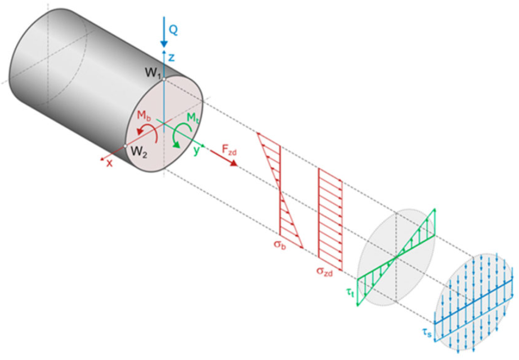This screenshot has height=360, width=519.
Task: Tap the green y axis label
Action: pyautogui.click(x=196, y=151)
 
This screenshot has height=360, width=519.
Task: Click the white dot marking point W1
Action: pyautogui.click(x=163, y=79)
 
